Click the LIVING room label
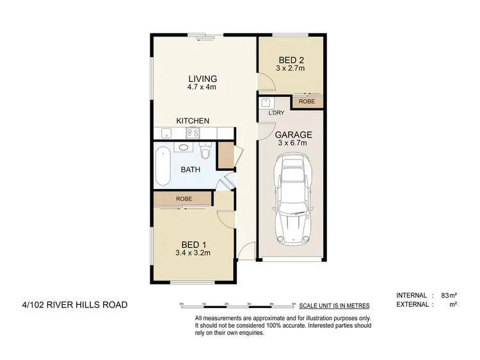(x=198, y=79)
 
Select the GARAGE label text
(x=293, y=135)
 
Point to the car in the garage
(x=292, y=202)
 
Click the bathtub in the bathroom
(x=163, y=166)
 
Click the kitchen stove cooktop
(x=193, y=133)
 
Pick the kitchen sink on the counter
(x=166, y=133)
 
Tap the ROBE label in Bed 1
(x=185, y=200)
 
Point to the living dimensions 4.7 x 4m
(x=197, y=88)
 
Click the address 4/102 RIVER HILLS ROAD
(x=74, y=304)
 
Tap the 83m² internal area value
(x=447, y=295)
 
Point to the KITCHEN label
(x=193, y=120)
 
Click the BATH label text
(x=190, y=170)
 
